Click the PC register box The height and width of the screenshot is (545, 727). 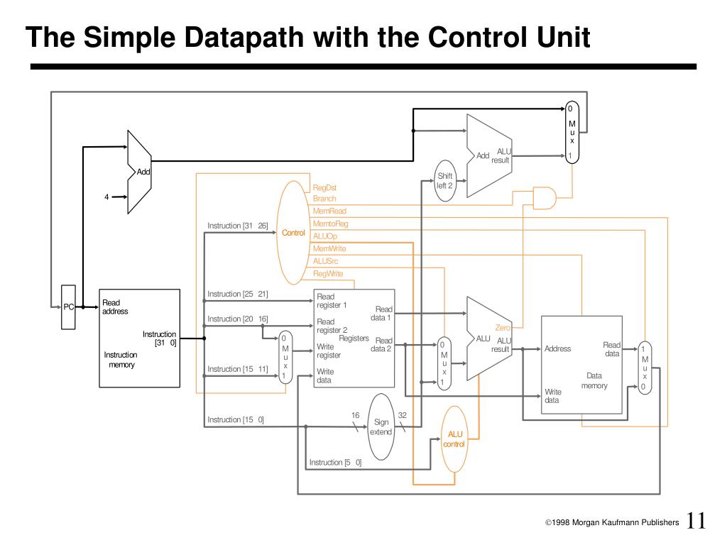click(x=68, y=307)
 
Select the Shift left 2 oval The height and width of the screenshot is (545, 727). click(x=444, y=181)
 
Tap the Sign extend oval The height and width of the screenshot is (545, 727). click(x=381, y=426)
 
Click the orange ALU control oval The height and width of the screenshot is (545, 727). click(x=454, y=439)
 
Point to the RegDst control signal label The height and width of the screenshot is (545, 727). click(x=324, y=188)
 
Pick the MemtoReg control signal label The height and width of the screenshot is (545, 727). click(x=331, y=224)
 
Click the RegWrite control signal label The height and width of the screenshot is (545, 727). click(x=328, y=274)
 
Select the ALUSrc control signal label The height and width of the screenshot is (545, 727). click(x=326, y=261)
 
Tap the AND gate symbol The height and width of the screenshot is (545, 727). click(x=544, y=199)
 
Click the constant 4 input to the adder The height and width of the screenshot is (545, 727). click(x=106, y=197)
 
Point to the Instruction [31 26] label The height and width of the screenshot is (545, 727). click(x=237, y=226)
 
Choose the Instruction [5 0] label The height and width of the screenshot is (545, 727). click(x=335, y=463)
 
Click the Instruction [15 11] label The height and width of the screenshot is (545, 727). click(x=237, y=369)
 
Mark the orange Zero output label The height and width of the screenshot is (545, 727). click(x=503, y=328)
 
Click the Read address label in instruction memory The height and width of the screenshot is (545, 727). click(x=115, y=307)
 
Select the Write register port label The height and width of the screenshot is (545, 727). click(x=329, y=351)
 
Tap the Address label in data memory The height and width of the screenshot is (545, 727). click(x=557, y=348)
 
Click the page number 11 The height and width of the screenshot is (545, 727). click(x=696, y=521)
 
